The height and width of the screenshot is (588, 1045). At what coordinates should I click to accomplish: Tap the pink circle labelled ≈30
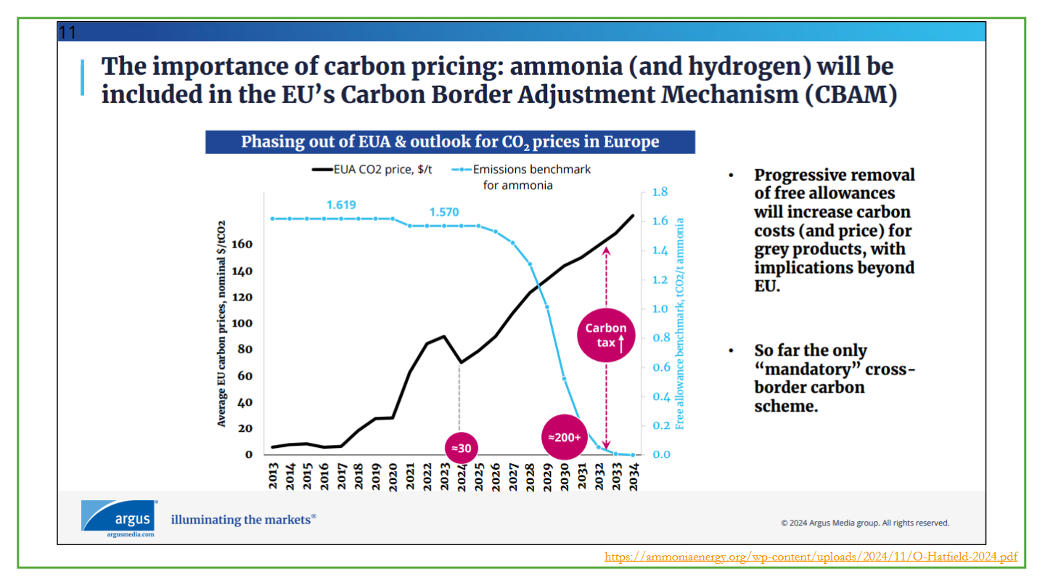click(x=462, y=448)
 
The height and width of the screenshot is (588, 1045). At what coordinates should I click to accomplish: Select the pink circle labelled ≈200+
click(x=564, y=437)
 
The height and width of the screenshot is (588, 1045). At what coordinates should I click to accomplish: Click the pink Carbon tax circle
click(x=606, y=335)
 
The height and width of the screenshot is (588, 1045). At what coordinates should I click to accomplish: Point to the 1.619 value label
click(x=341, y=205)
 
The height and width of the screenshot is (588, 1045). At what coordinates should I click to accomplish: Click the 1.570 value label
click(x=444, y=212)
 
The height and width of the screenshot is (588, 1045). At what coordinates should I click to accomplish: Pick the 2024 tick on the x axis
click(x=462, y=476)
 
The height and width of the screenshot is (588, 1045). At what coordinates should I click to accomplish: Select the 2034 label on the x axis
click(x=633, y=476)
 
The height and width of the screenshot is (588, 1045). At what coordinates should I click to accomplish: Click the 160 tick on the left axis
click(x=242, y=245)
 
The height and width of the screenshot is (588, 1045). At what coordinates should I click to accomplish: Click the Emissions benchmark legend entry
click(x=523, y=176)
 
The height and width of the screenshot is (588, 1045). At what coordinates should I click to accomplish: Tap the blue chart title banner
click(x=450, y=142)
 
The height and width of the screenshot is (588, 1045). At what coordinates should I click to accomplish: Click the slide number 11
click(x=67, y=33)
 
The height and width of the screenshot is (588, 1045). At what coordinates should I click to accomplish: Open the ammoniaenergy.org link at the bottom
click(x=811, y=557)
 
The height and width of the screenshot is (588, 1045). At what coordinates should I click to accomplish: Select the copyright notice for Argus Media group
click(x=864, y=523)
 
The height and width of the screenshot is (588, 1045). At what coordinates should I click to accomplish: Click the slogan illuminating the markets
click(x=243, y=519)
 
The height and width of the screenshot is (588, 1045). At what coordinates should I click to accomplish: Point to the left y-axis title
click(x=222, y=322)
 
